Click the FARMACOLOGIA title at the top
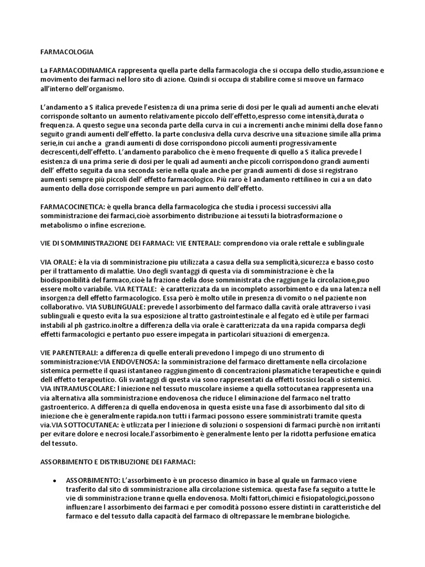click(67, 53)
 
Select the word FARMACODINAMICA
click(80, 71)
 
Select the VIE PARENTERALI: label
click(69, 352)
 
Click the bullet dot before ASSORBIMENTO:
click(54, 479)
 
